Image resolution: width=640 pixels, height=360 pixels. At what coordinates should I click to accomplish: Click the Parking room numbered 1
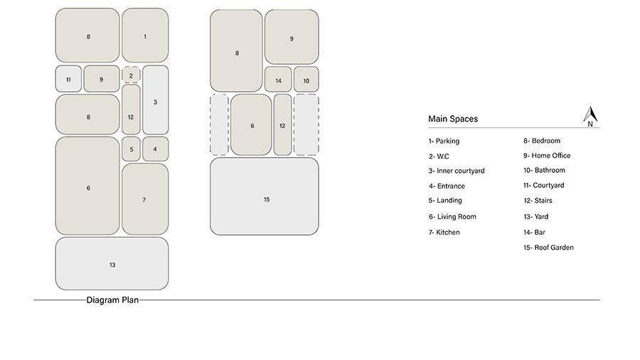pos(145,36)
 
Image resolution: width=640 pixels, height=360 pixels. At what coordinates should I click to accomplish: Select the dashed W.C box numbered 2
pos(131,75)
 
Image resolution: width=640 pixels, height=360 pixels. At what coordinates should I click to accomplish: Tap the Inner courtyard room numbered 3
pos(156,100)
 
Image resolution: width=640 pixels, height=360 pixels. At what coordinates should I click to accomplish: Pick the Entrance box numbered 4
pos(156,149)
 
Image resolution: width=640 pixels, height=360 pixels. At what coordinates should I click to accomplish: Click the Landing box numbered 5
pos(131,149)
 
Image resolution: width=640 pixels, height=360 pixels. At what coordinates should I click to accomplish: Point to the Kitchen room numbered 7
pos(145,199)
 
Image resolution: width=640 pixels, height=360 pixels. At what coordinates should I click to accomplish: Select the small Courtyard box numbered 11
pos(68,79)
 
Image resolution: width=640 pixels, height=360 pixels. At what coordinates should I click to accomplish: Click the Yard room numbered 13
pos(112,264)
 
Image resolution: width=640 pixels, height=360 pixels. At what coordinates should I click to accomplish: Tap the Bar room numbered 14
pos(278,79)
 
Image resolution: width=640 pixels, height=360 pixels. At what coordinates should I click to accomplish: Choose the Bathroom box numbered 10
pos(306,79)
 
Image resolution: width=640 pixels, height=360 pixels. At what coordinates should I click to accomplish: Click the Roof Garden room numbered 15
pos(265,196)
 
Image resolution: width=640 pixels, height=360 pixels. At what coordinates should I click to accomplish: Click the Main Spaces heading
pos(453,119)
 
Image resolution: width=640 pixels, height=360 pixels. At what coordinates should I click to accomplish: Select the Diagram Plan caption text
pos(112,300)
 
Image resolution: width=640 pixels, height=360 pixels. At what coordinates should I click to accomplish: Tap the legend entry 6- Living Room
pos(452,217)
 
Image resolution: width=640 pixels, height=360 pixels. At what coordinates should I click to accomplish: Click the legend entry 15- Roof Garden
pos(548,248)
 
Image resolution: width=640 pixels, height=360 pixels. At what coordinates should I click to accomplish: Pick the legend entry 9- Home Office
pos(547,156)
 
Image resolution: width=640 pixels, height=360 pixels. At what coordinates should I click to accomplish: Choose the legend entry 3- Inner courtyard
pos(457,171)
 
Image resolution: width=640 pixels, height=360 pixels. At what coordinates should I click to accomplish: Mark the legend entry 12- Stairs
pos(538,201)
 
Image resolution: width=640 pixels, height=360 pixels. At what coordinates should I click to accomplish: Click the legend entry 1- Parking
pos(444,141)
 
